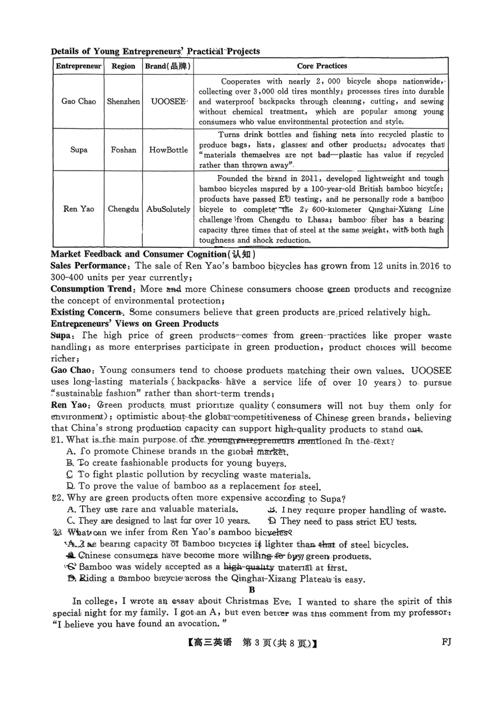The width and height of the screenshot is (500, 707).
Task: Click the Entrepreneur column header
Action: pos(78,66)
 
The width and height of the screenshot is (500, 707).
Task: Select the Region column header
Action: pos(123,66)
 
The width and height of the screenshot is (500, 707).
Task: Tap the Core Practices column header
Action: pos(322,66)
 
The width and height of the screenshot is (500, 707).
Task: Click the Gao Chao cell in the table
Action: pos(78,102)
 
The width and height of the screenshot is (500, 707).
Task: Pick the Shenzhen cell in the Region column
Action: pos(123,102)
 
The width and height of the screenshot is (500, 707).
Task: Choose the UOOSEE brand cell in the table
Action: pos(168,102)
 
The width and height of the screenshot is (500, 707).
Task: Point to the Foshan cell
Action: pos(123,150)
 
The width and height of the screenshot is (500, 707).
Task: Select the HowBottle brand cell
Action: pos(168,150)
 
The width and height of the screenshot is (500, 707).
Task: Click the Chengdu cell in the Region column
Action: pos(123,209)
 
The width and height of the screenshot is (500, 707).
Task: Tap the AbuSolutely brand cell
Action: pos(168,209)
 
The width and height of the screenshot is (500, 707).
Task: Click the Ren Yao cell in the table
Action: pos(78,209)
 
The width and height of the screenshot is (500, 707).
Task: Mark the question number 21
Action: pos(57,440)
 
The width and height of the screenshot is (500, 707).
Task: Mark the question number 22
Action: pos(57,498)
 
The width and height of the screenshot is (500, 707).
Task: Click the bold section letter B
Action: pos(252,590)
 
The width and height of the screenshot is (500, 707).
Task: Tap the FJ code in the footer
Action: pos(446,642)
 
